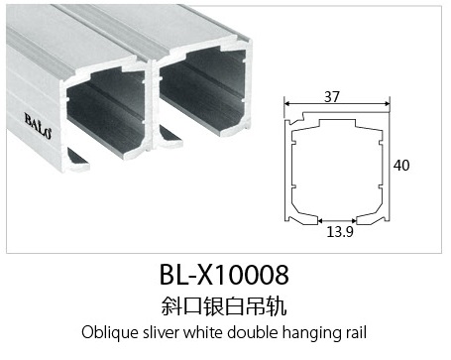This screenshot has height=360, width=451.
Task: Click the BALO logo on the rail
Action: [38, 126]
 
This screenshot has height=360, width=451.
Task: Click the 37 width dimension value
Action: [332, 96]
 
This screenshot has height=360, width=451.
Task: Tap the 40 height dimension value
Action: [401, 165]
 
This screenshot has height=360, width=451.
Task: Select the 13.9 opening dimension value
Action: [340, 232]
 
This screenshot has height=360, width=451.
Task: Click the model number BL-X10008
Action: [224, 275]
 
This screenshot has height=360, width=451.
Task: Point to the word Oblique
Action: [110, 332]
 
